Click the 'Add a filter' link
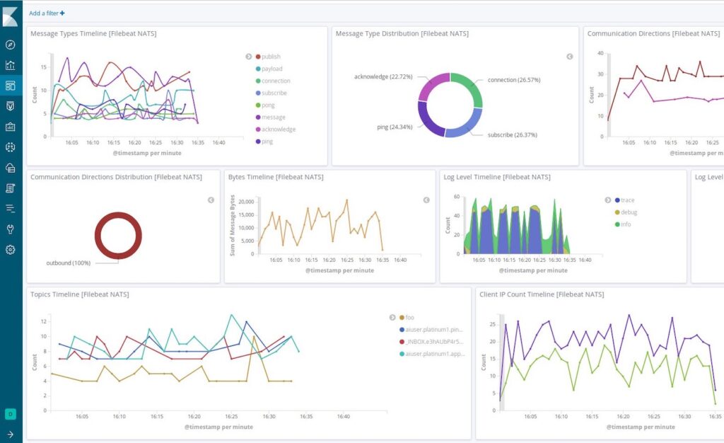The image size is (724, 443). coord(47,13)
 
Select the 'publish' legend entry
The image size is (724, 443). coord(271,57)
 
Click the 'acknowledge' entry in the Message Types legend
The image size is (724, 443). coord(278,130)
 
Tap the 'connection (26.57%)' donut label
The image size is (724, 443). coord(514,80)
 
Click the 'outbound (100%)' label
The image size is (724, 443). coord(69,263)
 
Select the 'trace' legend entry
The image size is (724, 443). coord(627,200)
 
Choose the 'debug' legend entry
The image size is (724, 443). coord(628,212)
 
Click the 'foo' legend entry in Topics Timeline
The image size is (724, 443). coord(409,317)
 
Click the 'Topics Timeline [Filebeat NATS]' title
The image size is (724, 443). coord(79,294)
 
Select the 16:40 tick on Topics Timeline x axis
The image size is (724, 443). coord(343,417)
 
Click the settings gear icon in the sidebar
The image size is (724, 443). coord(10,250)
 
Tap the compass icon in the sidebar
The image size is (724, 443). coord(10,45)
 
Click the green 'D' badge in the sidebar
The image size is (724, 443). coord(10,414)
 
